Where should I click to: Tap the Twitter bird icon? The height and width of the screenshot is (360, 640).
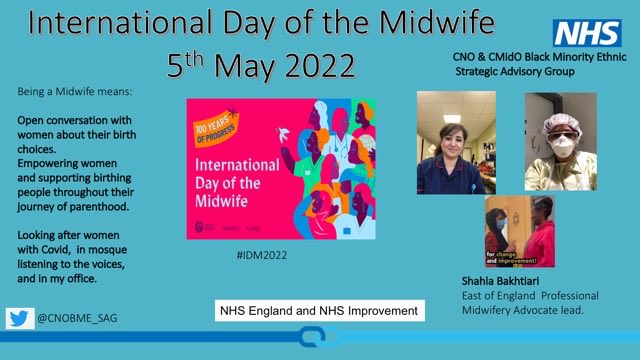coord(19,318)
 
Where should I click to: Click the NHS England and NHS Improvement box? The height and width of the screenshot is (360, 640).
coord(320,311)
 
